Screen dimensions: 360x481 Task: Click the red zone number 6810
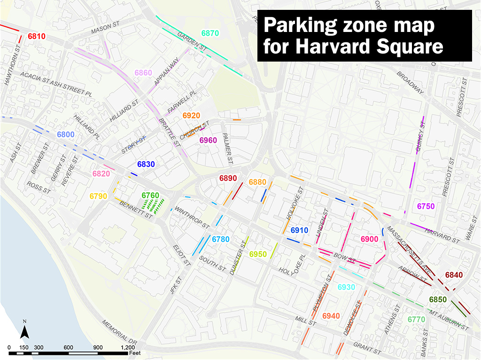[37, 36]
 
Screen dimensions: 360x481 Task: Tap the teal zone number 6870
[210, 33]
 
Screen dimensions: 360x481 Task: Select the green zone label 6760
[150, 196]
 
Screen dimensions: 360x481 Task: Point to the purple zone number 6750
[426, 206]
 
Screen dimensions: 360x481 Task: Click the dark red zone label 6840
[454, 275]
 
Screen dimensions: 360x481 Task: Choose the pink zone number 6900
[369, 240]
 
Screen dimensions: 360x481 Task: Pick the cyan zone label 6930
[346, 288]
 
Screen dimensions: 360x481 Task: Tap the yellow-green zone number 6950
[258, 254]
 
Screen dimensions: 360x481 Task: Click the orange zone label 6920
[191, 116]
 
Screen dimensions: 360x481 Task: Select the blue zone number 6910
[299, 230]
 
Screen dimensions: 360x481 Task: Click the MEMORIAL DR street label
[119, 332]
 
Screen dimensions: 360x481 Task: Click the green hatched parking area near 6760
[153, 205]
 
